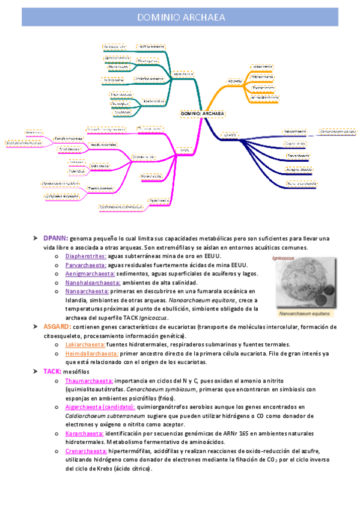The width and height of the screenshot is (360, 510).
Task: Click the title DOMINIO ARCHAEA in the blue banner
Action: coord(180,17)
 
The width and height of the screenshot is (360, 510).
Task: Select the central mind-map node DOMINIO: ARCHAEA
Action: coord(203,113)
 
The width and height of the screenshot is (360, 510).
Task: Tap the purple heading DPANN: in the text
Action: coord(55,239)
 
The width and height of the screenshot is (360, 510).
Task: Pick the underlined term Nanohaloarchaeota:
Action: coord(93,282)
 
